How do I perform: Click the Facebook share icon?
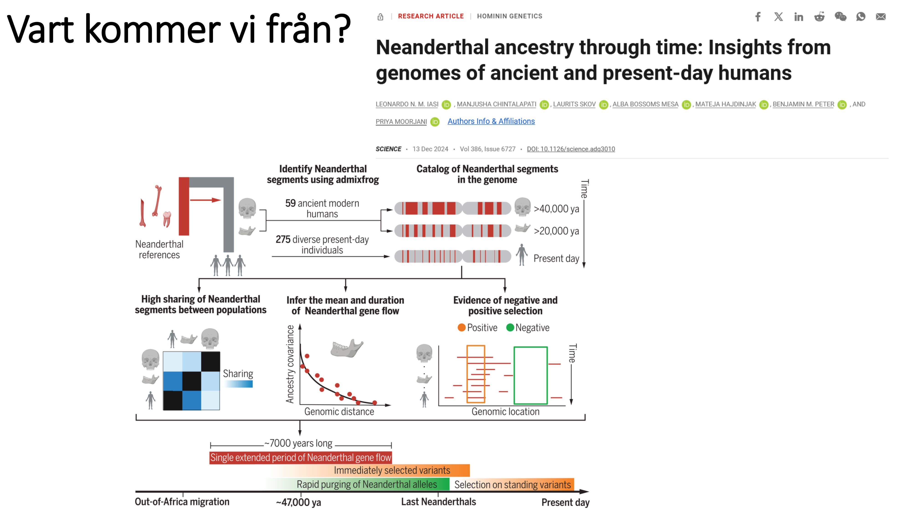click(758, 17)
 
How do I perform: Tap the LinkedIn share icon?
click(798, 17)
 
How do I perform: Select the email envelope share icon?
click(880, 17)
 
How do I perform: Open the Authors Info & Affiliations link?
click(491, 121)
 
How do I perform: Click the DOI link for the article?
click(571, 149)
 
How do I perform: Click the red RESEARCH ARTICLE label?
click(430, 16)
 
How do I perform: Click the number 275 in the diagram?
click(283, 240)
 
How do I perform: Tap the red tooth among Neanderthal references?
click(167, 218)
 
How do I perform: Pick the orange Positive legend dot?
click(461, 327)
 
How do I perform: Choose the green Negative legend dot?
click(510, 327)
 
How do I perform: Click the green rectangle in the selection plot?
click(530, 375)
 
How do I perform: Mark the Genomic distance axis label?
click(339, 412)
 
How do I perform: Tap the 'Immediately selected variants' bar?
click(392, 471)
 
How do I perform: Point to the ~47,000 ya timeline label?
click(299, 502)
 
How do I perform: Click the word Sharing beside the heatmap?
click(238, 374)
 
